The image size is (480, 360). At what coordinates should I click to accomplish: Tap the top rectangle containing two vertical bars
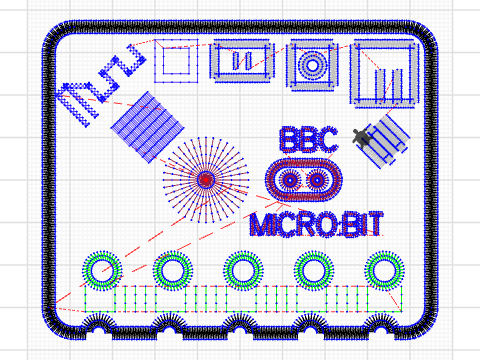(x=242, y=62)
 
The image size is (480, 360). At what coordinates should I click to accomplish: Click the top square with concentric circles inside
(x=311, y=66)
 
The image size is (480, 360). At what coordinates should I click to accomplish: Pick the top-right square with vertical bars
(x=385, y=73)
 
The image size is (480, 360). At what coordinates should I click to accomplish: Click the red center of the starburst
(x=206, y=180)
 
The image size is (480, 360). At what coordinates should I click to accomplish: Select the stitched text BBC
(x=309, y=140)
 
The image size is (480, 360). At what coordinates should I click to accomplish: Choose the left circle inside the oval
(x=290, y=180)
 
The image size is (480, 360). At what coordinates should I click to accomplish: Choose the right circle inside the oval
(x=318, y=180)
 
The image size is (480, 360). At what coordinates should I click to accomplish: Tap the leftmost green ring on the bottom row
(x=102, y=269)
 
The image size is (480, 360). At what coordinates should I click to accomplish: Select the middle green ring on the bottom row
(x=242, y=269)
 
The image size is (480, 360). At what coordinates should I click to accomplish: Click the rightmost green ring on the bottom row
(x=382, y=269)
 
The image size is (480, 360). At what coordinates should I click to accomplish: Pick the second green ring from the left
(x=172, y=269)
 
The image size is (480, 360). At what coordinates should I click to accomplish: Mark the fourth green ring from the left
(x=312, y=269)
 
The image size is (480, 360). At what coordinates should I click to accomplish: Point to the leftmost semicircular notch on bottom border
(x=98, y=325)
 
